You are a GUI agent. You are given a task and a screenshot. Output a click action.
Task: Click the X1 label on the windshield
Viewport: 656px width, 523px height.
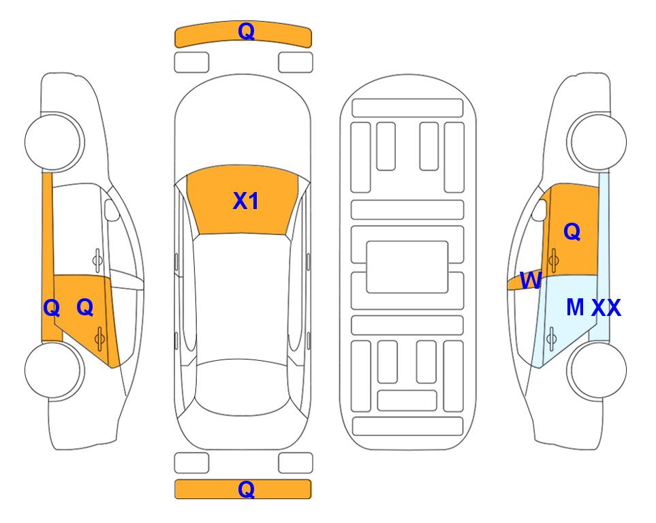246,201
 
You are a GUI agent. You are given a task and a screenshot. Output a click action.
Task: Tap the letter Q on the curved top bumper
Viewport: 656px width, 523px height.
246,31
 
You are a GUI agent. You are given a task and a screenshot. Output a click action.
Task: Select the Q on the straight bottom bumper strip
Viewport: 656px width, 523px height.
246,489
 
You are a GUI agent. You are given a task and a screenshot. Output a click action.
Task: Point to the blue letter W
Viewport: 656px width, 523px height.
531,281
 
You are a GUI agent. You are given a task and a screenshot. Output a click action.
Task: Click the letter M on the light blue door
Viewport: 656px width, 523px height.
575,307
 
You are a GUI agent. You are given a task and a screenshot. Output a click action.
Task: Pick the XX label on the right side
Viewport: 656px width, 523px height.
606,308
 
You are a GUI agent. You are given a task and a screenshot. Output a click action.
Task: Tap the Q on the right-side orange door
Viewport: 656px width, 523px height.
572,232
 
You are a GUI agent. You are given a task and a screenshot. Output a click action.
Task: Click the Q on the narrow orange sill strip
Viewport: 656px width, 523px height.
52,308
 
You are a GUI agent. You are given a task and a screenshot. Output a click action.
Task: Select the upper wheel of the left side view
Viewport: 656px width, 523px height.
54,142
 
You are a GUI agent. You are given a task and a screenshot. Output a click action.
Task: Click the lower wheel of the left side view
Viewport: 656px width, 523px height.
54,370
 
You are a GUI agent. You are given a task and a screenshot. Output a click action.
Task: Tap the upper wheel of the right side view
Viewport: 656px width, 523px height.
597,142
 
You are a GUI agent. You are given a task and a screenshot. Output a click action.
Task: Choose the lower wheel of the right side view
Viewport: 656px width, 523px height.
597,370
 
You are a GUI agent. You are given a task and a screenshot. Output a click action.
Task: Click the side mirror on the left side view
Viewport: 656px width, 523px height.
111,210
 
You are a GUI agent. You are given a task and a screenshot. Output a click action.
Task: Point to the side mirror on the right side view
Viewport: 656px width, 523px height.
540,210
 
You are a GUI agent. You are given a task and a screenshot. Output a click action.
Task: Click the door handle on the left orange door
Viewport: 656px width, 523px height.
99,338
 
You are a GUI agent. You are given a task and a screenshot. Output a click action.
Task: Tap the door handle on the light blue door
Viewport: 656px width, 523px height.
551,338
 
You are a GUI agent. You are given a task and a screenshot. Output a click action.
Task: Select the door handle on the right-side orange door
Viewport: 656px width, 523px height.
554,260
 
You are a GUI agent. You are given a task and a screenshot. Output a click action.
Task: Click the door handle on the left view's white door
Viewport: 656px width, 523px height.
97,260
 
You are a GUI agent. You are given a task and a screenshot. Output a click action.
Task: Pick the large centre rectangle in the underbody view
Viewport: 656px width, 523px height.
407,267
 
